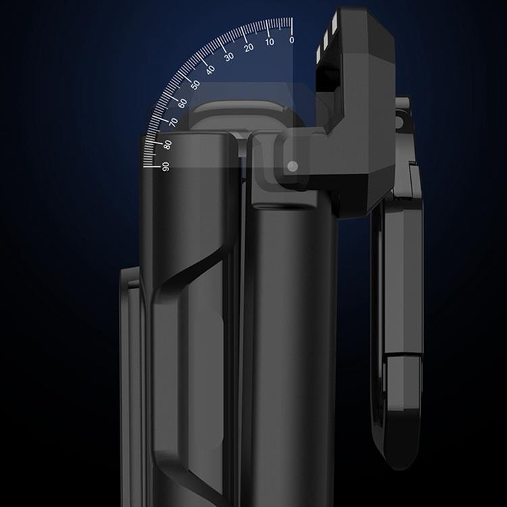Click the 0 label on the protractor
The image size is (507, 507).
point(291,40)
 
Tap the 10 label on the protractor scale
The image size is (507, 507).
point(270,43)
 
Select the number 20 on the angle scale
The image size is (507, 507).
point(248,47)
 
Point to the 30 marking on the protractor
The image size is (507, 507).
point(228,57)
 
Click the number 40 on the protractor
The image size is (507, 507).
point(210,70)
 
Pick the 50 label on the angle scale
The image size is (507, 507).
point(195,85)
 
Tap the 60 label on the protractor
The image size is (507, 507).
point(182,103)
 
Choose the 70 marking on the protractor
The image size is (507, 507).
point(173,122)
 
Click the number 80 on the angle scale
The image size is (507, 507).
point(167,144)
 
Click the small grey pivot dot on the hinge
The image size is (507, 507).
point(292,166)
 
